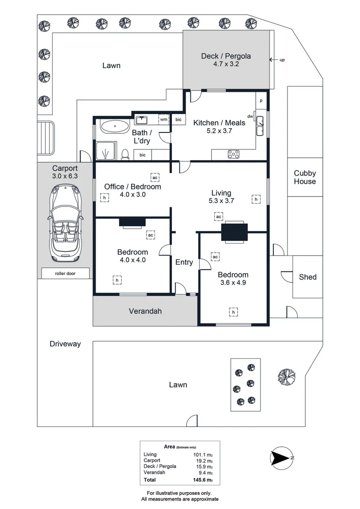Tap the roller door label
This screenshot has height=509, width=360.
point(65,273)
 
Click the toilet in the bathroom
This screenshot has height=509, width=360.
point(125,154)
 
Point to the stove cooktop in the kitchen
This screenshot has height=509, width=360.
point(234,154)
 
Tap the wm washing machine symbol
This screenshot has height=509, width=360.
point(164,120)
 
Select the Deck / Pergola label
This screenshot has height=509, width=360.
point(226,56)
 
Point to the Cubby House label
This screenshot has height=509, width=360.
point(305,178)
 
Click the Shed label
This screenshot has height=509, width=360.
point(308,277)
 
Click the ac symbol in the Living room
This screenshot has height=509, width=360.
point(218,216)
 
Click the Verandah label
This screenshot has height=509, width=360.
point(145,311)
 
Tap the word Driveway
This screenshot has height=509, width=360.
point(65,344)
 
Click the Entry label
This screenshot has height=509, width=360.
point(184,262)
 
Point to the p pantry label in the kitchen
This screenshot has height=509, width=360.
point(261,101)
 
